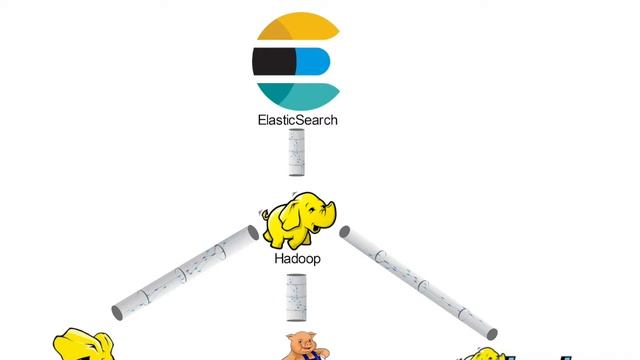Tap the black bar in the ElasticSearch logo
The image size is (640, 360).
274,62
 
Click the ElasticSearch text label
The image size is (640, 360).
298,120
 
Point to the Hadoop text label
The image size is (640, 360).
298,257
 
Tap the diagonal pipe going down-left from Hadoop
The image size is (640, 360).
185,271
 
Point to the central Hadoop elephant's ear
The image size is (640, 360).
284,215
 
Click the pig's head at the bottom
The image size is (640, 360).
300,345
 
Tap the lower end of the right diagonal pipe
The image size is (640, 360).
489,331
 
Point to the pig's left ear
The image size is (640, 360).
291,338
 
